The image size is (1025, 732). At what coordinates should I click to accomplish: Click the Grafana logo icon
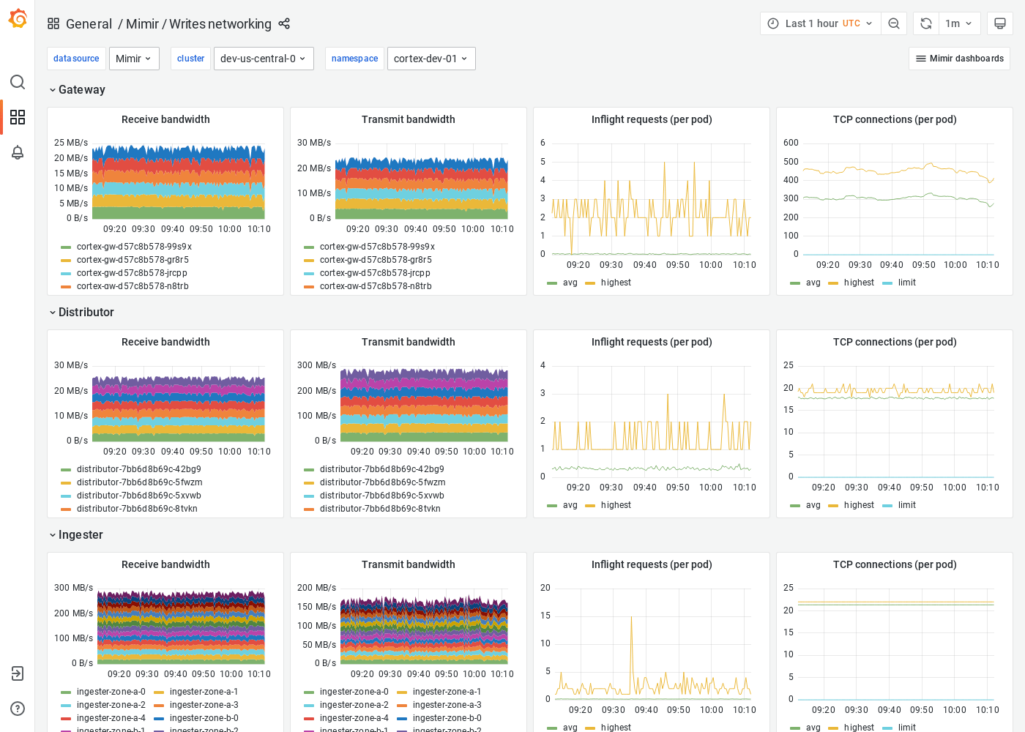(18, 19)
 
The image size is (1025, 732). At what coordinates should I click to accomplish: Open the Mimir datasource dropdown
(134, 59)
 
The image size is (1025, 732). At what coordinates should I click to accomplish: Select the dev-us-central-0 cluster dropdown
(263, 59)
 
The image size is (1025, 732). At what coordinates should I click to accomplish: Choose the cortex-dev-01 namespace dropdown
(430, 59)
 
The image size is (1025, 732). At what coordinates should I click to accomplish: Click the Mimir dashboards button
(959, 59)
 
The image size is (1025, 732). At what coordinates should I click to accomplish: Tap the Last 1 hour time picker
(820, 23)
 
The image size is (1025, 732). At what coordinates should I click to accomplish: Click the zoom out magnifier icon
(894, 23)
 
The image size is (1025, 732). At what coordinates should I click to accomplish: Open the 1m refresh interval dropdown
(958, 23)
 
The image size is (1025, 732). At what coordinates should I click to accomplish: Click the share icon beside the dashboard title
(284, 24)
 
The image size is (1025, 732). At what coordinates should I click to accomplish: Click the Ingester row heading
(81, 535)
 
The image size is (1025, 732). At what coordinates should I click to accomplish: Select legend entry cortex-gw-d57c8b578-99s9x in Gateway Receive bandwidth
(134, 247)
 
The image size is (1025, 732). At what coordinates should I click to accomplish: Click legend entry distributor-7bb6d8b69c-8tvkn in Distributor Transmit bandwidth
(380, 509)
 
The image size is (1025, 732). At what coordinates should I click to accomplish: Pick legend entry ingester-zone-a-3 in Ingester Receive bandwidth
(204, 705)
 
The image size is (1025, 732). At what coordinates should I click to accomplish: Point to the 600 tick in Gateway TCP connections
(791, 143)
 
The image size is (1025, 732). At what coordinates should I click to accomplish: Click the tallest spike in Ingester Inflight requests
(632, 618)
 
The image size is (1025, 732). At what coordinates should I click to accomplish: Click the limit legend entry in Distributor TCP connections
(906, 505)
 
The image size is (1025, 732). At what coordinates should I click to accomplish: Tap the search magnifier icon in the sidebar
(18, 82)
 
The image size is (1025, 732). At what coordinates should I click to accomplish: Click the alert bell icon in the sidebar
(18, 152)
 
